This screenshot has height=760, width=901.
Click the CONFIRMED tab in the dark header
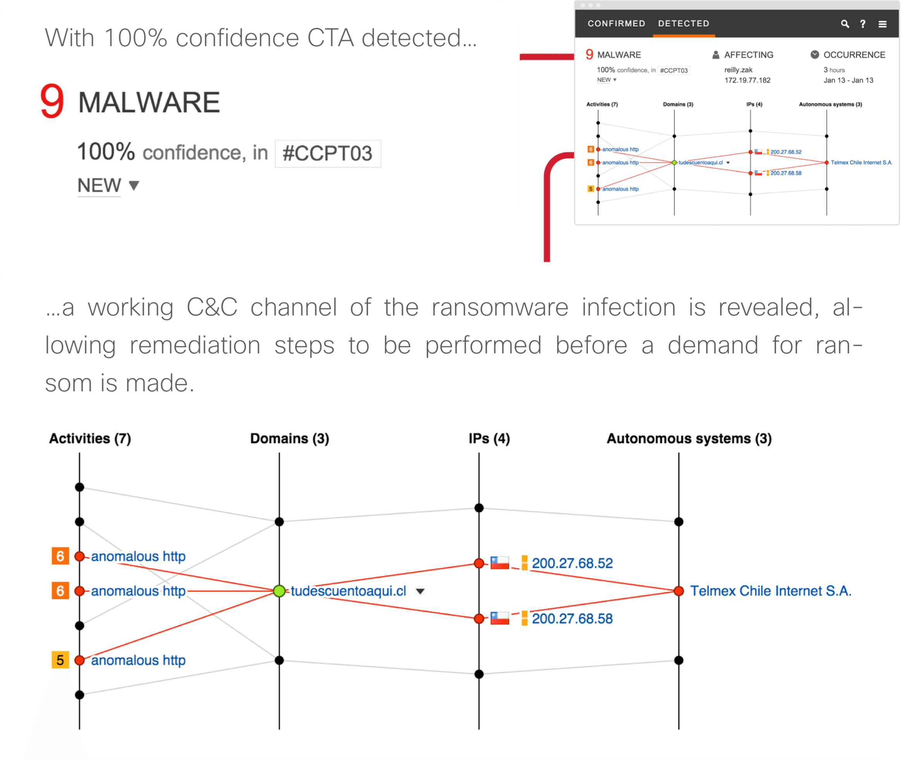616,24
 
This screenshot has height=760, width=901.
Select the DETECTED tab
683,24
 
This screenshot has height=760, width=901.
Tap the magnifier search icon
845,24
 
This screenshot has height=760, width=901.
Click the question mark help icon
863,24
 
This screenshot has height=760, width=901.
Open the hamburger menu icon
882,24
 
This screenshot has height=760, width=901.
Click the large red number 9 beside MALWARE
52,101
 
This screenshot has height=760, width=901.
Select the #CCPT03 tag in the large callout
327,153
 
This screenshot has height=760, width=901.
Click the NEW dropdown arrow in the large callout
134,186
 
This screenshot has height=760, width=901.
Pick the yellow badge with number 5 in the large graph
60,660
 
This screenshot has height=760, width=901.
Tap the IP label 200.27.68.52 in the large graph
572,563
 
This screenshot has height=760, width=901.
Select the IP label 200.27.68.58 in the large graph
572,619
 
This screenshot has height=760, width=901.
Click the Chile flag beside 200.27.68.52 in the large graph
500,563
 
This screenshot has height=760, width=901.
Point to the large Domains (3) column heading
289,438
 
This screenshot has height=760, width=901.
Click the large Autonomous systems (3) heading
689,438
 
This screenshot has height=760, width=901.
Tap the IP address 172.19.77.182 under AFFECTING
747,80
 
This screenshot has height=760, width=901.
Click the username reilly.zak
738,70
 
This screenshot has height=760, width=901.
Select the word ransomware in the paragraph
500,308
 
